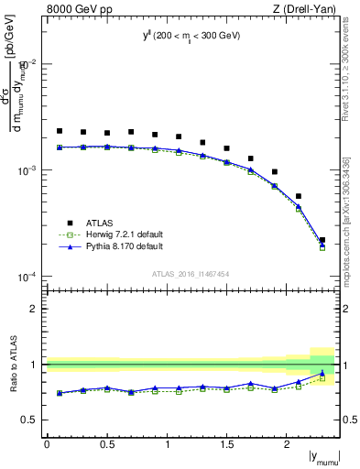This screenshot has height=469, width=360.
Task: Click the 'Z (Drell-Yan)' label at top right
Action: click(x=302, y=10)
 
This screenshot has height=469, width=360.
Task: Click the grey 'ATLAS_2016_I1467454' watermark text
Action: click(x=191, y=273)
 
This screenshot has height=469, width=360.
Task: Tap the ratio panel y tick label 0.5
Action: click(x=30, y=420)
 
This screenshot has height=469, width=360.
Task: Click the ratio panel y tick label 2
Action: click(x=35, y=309)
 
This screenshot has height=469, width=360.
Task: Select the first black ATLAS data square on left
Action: click(x=60, y=131)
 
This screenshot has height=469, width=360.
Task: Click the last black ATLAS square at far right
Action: click(x=322, y=240)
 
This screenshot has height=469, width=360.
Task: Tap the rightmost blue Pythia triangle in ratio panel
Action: click(x=322, y=373)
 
